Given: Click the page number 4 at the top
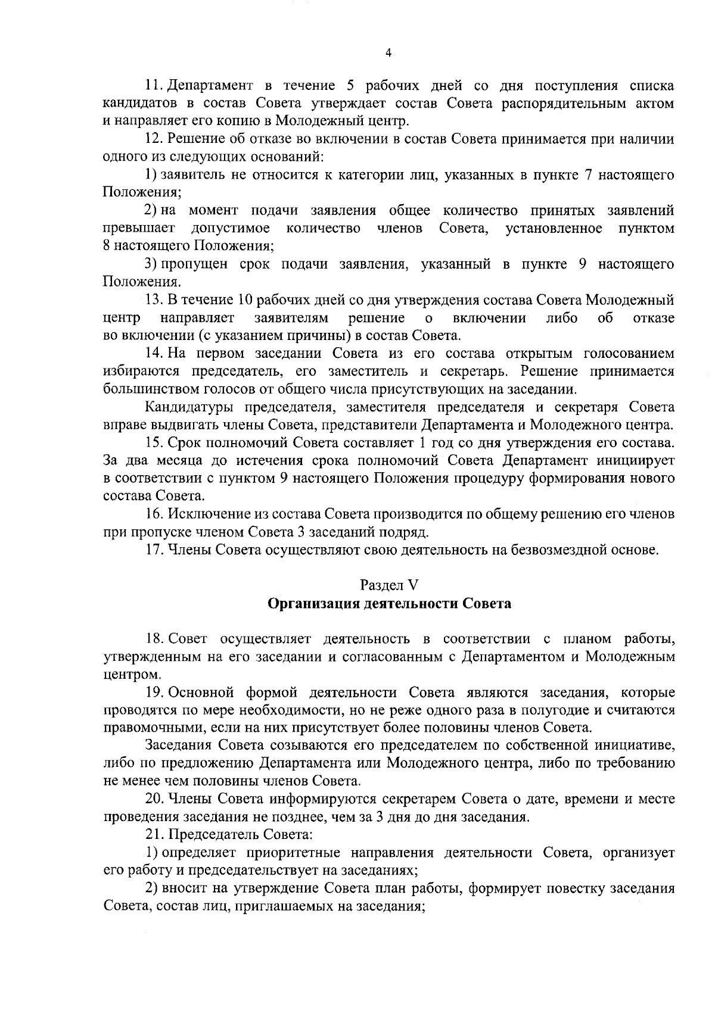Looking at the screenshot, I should coord(388,53).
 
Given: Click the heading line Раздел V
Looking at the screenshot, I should coord(390,585).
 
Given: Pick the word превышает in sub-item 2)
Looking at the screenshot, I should coord(139,229).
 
